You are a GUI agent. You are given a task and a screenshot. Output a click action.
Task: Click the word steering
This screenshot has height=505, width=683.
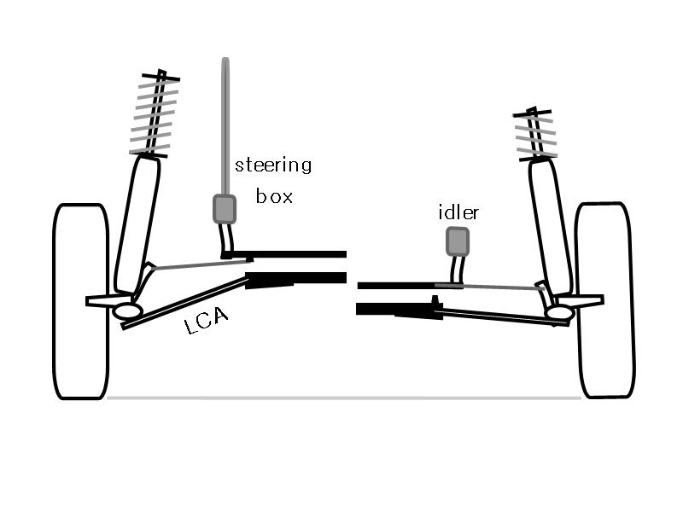point(273,165)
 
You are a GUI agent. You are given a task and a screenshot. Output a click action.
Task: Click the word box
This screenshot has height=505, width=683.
point(274,196)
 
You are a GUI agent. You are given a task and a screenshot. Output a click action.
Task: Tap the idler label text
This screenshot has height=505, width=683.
point(458,212)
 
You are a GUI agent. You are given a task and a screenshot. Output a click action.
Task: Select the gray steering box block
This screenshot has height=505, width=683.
point(225,209)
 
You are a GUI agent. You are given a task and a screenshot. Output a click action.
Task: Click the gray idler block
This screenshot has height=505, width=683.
point(458,241)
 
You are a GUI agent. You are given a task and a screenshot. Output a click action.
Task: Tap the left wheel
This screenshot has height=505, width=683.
point(81,301)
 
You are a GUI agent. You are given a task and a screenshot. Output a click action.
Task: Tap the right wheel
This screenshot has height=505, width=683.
point(605,300)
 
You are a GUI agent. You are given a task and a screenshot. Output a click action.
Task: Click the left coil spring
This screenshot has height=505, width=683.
point(155,113)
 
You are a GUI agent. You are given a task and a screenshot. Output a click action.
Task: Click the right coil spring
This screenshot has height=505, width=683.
point(536,134)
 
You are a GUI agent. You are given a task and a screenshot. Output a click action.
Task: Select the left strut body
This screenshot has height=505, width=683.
point(137,225)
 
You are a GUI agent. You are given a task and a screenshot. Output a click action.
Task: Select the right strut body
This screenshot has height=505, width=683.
point(550,227)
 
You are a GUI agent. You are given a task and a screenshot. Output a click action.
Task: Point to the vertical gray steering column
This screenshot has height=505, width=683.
point(225,126)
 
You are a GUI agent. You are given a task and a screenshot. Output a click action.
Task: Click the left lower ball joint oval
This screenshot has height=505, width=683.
point(127,311)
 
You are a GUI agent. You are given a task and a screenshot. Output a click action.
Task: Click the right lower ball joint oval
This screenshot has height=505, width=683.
point(561,312)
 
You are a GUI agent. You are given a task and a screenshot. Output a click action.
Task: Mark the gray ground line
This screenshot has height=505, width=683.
point(344,398)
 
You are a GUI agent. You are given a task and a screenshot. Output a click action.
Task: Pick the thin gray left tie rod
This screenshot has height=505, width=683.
point(201,264)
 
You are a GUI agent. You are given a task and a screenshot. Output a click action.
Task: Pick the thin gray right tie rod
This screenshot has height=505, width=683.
point(489,287)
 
